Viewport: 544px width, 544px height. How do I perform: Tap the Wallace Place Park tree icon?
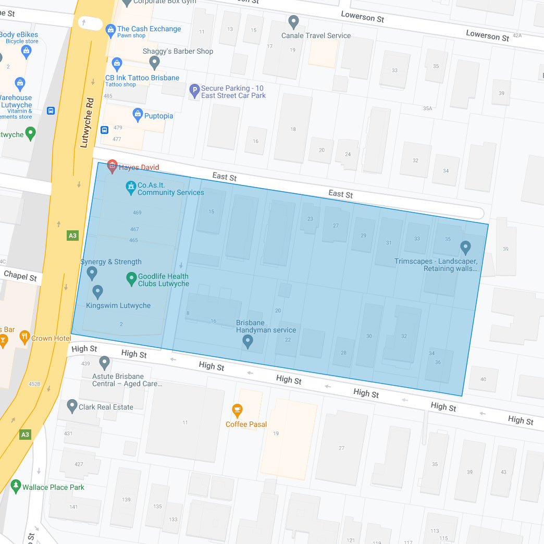tap(16, 486)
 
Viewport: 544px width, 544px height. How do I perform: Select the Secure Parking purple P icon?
tap(194, 91)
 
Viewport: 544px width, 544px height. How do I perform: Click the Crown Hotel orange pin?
tap(24, 337)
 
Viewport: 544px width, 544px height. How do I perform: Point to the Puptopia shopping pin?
tap(138, 115)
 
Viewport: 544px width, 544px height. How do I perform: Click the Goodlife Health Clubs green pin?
tap(131, 279)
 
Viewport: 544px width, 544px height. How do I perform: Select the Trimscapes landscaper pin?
tap(465, 247)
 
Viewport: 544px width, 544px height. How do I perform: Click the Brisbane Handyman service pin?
tap(248, 341)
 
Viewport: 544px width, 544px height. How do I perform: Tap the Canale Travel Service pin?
tap(293, 22)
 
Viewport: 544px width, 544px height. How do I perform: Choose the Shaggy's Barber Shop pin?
tap(154, 63)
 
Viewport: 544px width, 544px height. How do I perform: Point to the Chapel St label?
tap(20, 275)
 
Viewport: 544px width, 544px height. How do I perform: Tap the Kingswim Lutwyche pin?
tap(97, 292)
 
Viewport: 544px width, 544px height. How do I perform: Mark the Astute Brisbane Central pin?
tap(105, 362)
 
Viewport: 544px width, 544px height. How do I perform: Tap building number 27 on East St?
tap(336, 226)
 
